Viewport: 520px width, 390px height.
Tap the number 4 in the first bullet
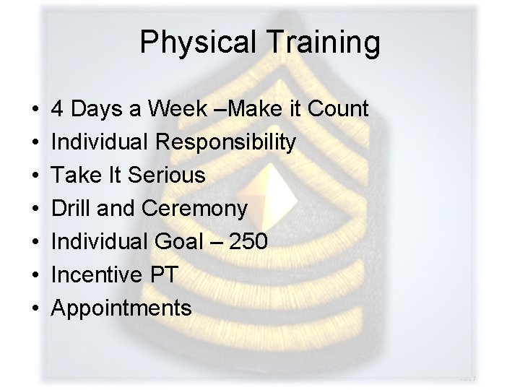pos(57,110)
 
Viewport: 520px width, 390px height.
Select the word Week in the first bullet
pos(177,110)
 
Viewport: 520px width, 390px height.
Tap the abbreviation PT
pos(165,275)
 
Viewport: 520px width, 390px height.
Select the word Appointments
pos(121,308)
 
